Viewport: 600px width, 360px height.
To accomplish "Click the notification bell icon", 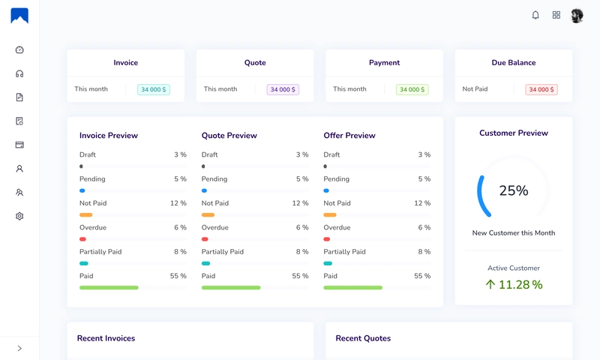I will (535, 15).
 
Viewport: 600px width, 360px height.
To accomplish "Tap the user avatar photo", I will (577, 16).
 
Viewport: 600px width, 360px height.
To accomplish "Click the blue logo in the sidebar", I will (19, 16).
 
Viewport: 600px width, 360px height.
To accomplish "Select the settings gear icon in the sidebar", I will (19, 216).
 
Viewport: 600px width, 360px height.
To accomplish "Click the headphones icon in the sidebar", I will (19, 73).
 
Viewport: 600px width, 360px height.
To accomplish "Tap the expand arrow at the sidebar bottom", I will (19, 348).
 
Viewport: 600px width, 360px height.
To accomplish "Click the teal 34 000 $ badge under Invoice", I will (154, 89).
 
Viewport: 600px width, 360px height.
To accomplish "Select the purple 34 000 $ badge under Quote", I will (283, 89).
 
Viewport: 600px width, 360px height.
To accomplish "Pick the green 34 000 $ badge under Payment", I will (412, 89).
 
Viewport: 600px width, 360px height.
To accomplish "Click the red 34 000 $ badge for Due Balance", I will (541, 89).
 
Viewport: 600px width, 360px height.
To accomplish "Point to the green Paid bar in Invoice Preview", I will (109, 287).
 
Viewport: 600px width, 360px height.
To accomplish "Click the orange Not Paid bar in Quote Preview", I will (208, 215).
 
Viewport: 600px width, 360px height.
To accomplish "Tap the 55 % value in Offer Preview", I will (422, 276).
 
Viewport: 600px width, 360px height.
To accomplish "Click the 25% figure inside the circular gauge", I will (514, 190).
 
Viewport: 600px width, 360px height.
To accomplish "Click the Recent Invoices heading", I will (106, 338).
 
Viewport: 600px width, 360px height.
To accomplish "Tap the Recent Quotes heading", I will (363, 338).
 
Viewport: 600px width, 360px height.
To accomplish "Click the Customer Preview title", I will (514, 133).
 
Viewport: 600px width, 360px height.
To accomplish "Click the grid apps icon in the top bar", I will (556, 15).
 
